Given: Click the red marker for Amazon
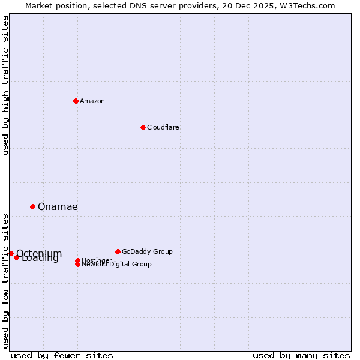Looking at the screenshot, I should [x=76, y=101].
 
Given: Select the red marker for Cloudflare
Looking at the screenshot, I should [x=143, y=127].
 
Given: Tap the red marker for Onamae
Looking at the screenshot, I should [x=32, y=206].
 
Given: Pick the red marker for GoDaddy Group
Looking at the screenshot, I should [x=118, y=251].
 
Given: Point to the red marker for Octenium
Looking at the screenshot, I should [x=11, y=254].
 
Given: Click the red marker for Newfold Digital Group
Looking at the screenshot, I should [x=78, y=264].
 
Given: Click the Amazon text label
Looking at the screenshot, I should [x=92, y=101].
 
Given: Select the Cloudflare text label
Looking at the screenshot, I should [x=163, y=127].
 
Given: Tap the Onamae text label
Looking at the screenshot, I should [x=58, y=206].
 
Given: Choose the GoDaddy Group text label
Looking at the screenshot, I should [x=147, y=251].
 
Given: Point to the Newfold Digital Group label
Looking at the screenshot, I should [x=117, y=265].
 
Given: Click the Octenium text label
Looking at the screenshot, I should [x=39, y=253].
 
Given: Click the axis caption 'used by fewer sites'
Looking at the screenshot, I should [x=62, y=355].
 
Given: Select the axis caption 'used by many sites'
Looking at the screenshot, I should [x=301, y=355].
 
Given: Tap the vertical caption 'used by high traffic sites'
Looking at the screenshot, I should [x=6, y=85].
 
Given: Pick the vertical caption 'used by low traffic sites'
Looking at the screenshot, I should [x=6, y=280].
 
